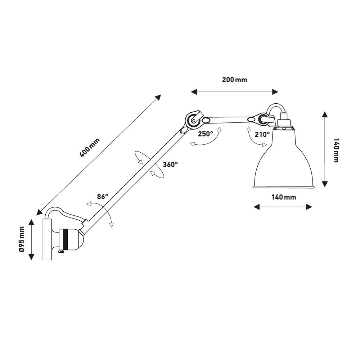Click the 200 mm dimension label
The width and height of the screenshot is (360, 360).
234,80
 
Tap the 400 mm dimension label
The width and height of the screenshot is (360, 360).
90,148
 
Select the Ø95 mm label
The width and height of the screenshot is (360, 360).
22,239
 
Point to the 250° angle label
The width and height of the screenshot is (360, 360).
206,134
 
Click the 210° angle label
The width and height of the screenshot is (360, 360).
262,134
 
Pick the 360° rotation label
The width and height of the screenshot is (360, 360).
170,165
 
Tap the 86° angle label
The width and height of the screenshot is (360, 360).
102,197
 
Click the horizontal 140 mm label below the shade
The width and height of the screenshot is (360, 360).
284,197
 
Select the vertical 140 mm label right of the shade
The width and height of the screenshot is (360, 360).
336,150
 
